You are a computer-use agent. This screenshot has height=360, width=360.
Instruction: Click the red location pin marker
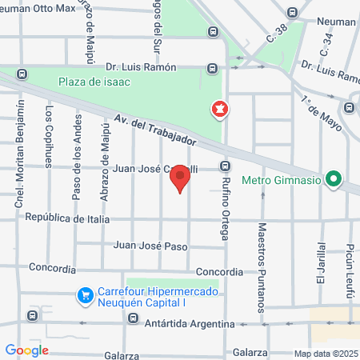(181, 178)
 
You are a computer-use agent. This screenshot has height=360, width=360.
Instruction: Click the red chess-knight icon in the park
(218, 108)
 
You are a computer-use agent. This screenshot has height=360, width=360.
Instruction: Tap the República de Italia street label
(66, 218)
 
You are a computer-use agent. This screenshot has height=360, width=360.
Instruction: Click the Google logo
(26, 350)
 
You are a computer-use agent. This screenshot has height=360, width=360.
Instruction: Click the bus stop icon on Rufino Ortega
(226, 167)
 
